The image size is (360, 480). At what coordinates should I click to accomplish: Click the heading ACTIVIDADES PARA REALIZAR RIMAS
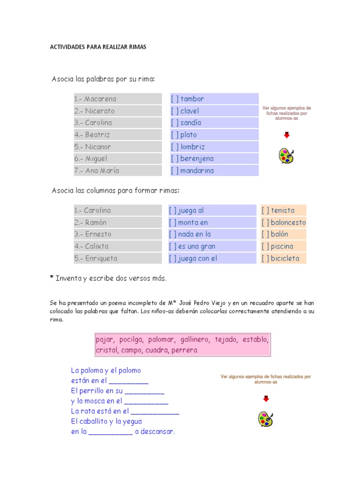[98, 47]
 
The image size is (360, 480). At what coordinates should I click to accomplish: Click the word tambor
[192, 99]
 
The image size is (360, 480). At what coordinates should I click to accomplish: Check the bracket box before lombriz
[175, 147]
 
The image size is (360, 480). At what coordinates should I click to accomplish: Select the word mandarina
[197, 171]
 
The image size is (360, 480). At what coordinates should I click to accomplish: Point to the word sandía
[191, 123]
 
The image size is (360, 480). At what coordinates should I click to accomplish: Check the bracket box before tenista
[265, 210]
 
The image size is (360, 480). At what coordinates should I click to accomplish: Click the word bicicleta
[285, 258]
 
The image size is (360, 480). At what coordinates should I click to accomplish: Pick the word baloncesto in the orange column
[288, 222]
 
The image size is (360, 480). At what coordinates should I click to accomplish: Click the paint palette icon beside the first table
[286, 156]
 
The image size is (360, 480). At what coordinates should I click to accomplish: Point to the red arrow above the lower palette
[266, 399]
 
